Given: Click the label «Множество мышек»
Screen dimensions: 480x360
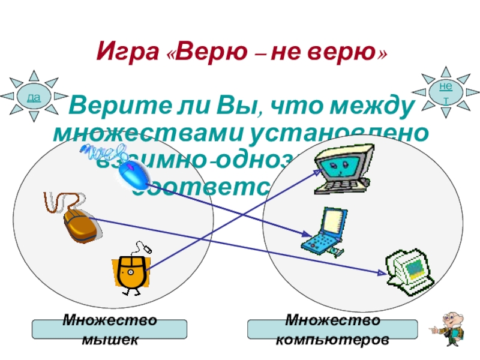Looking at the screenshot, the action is coord(109,329).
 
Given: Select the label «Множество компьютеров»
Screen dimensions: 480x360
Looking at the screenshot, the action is coord(332,329).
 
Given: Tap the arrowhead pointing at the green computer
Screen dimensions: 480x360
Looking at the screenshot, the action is coord(384,273).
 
